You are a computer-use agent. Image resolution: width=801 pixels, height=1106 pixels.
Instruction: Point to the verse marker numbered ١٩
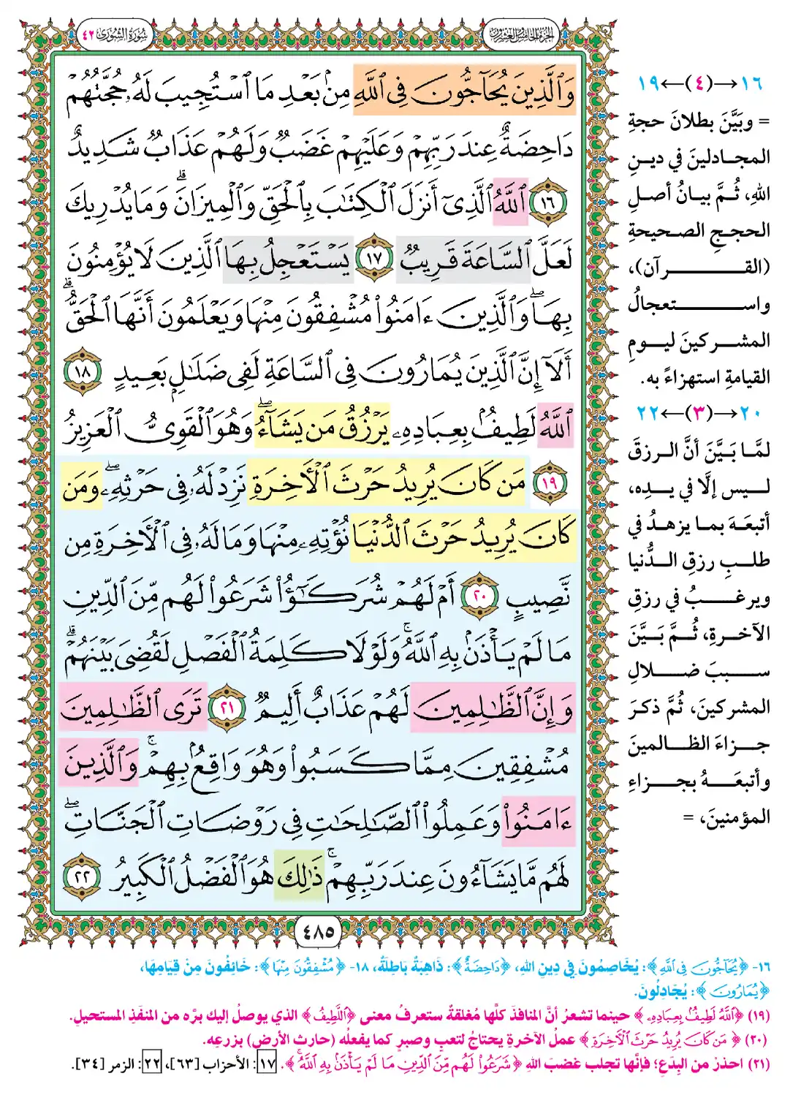(x=550, y=484)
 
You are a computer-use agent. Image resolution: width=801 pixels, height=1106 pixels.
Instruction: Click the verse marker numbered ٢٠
(x=479, y=596)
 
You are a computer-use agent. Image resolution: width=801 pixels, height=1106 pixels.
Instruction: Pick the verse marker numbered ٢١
(x=227, y=708)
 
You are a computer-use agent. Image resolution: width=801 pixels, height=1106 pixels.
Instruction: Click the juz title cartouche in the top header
(x=520, y=34)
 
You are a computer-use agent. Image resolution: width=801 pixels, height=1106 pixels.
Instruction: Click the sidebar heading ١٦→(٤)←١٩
(x=699, y=83)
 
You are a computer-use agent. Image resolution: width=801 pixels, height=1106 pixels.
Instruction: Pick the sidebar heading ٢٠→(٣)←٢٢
(x=699, y=414)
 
